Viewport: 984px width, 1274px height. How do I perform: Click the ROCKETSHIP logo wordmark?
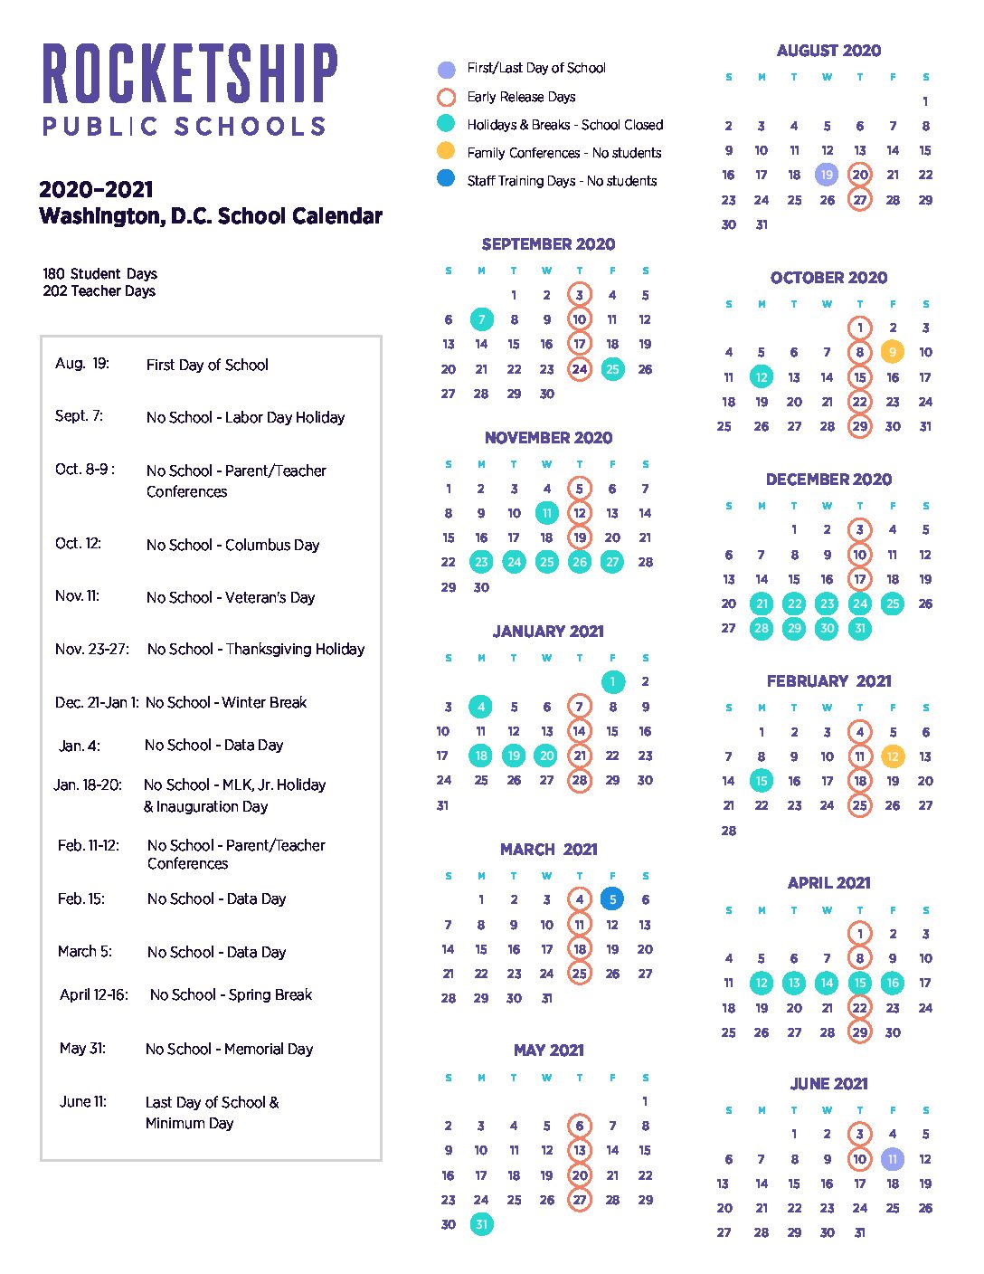pyautogui.click(x=190, y=73)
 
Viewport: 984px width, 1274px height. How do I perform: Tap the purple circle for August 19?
pyautogui.click(x=827, y=175)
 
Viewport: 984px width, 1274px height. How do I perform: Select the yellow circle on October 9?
pyautogui.click(x=893, y=352)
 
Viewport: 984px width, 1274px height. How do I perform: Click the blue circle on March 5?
pyautogui.click(x=612, y=899)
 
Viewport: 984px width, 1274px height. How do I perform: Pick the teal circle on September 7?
pyautogui.click(x=481, y=319)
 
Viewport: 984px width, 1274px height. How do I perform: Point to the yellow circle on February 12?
pyautogui.click(x=893, y=756)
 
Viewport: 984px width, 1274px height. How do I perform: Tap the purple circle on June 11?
pyautogui.click(x=893, y=1159)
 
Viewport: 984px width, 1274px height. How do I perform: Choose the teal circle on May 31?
pyautogui.click(x=481, y=1224)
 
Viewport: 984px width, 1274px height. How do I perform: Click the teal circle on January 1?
pyautogui.click(x=612, y=681)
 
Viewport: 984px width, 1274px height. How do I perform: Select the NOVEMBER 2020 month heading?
pyautogui.click(x=548, y=438)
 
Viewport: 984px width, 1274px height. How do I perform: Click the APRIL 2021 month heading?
pyautogui.click(x=828, y=883)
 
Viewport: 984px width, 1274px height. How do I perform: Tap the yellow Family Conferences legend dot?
pyautogui.click(x=446, y=151)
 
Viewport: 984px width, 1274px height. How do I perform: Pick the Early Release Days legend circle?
pyautogui.click(x=446, y=97)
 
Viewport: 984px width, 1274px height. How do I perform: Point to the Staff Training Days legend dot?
pyautogui.click(x=446, y=179)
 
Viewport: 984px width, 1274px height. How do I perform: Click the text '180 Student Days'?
pyautogui.click(x=99, y=273)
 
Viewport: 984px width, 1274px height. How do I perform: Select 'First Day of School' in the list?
pyautogui.click(x=207, y=365)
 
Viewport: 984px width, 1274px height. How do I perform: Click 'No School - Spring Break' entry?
pyautogui.click(x=231, y=994)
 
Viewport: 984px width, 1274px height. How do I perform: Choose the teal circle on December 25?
pyautogui.click(x=893, y=604)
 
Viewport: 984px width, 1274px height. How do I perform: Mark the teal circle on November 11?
pyautogui.click(x=546, y=513)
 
